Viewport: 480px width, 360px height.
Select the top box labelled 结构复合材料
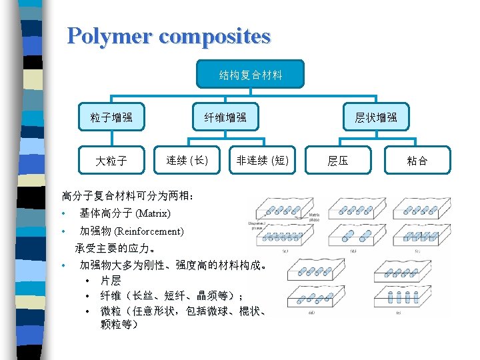pyautogui.click(x=251, y=75)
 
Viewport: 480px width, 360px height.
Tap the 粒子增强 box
pyautogui.click(x=111, y=117)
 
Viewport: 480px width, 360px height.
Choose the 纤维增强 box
pyautogui.click(x=225, y=117)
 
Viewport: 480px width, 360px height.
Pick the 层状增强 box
pyautogui.click(x=376, y=117)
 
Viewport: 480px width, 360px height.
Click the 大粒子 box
pyautogui.click(x=111, y=160)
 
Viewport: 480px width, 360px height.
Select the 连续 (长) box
pyautogui.click(x=187, y=160)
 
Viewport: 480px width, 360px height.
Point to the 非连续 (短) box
pyautogui.click(x=263, y=160)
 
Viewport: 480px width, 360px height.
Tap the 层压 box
pyautogui.click(x=338, y=160)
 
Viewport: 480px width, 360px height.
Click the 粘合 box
pyautogui.click(x=417, y=160)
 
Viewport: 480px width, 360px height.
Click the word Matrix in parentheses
pyautogui.click(x=153, y=214)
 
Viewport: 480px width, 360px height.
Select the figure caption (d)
pyautogui.click(x=311, y=311)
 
